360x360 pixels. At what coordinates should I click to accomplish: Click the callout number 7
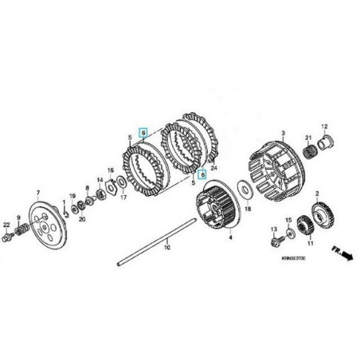[x=37, y=193]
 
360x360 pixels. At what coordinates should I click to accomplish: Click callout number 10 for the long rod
[x=168, y=248]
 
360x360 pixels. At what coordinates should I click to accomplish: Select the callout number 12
[x=324, y=127]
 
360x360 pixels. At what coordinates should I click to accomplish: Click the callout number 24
[x=213, y=169]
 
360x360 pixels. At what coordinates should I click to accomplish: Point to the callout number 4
[x=231, y=237]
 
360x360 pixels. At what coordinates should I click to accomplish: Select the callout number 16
[x=111, y=170]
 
